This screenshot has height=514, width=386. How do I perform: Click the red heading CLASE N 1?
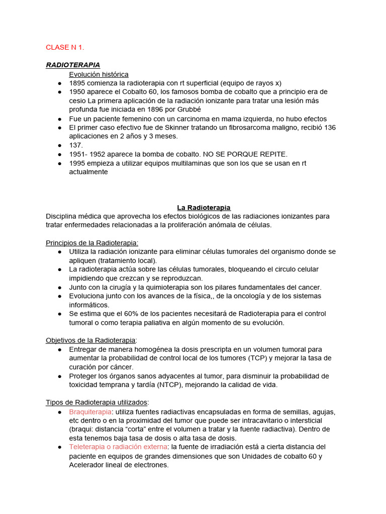point(65,48)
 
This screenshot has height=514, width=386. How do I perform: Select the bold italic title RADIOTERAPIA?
point(73,65)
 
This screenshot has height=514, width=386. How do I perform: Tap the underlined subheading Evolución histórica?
point(99,74)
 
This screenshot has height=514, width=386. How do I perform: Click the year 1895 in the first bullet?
point(77,83)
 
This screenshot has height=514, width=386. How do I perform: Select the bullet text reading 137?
point(75,145)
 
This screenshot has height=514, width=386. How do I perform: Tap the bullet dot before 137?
point(59,145)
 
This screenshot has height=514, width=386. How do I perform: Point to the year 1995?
point(77,163)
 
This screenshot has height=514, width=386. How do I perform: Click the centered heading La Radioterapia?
point(204,207)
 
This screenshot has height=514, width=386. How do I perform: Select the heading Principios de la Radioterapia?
point(91,242)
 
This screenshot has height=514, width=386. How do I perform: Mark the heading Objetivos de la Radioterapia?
point(90,340)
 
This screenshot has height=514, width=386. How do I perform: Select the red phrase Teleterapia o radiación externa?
point(119,447)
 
